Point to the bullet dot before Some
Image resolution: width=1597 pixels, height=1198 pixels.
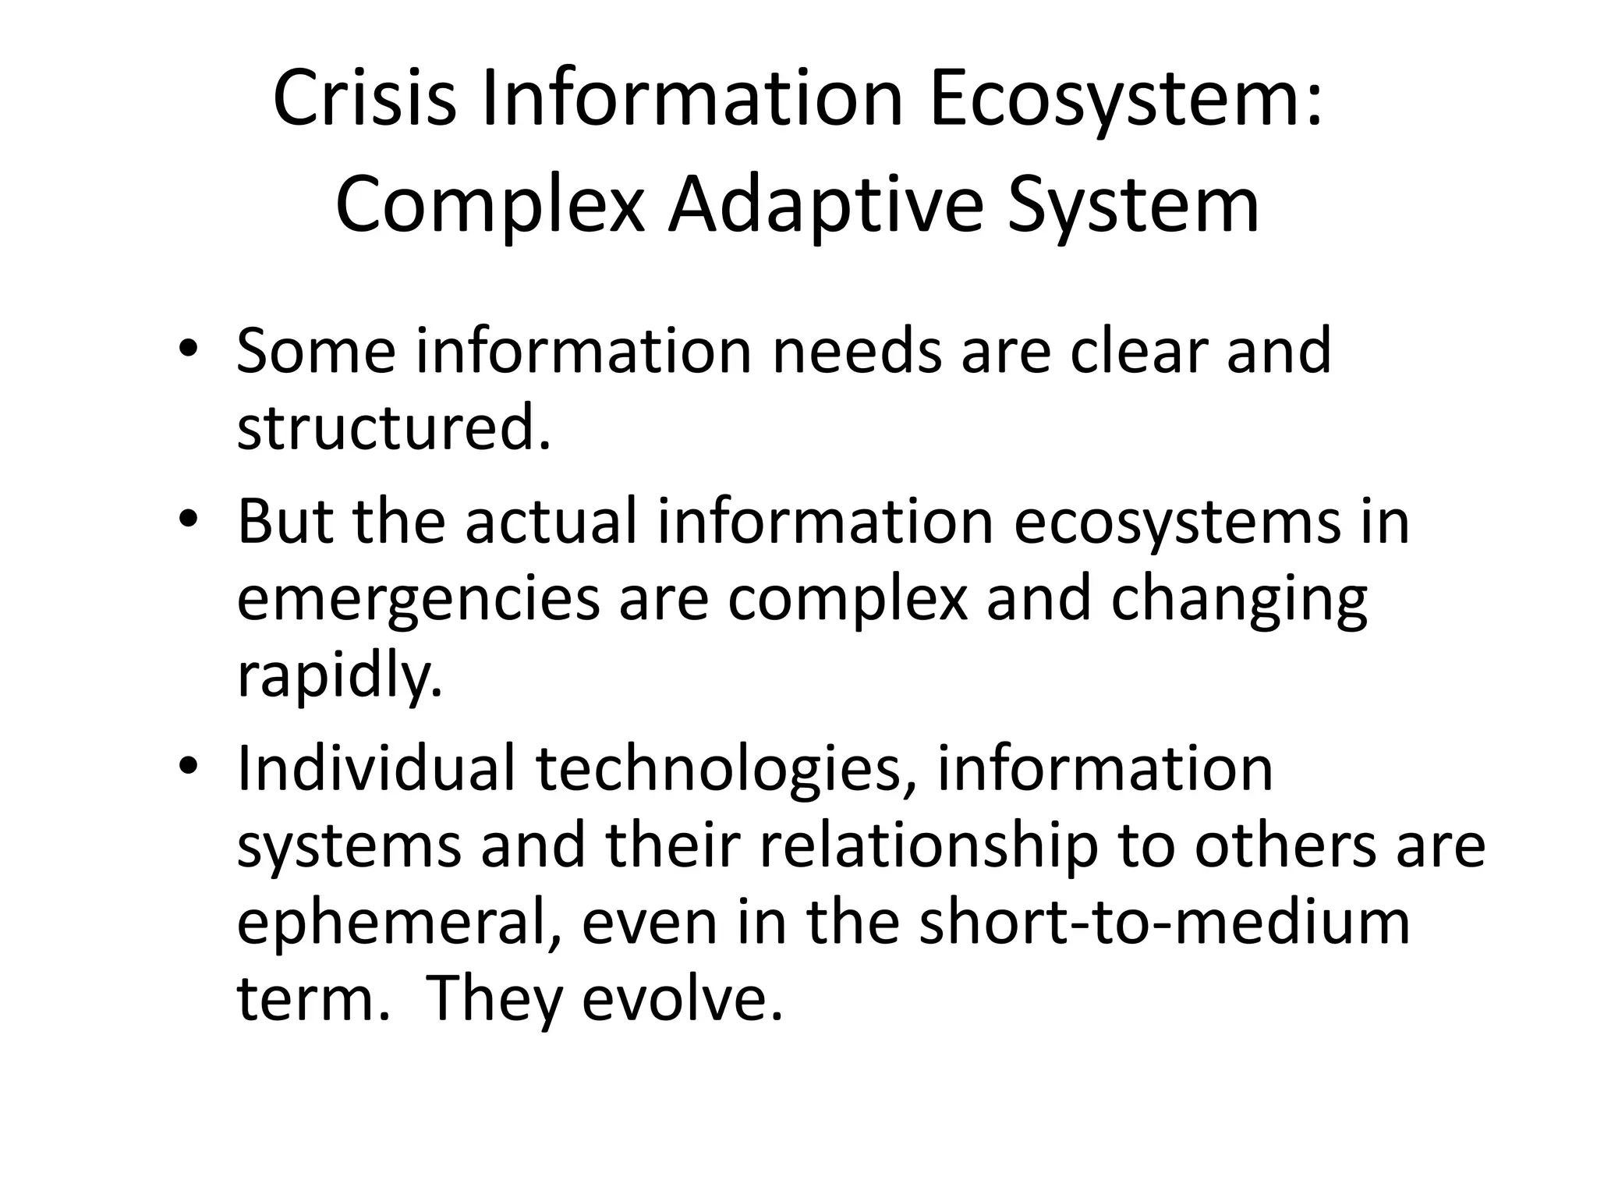pos(187,349)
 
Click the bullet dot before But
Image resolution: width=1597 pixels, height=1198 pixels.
pos(187,519)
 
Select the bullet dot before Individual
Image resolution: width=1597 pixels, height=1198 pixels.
pos(187,767)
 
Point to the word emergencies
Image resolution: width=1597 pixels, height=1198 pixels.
pos(418,601)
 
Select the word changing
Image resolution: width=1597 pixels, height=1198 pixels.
pos(1238,601)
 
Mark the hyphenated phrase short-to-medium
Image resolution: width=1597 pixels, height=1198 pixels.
pos(1164,922)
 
